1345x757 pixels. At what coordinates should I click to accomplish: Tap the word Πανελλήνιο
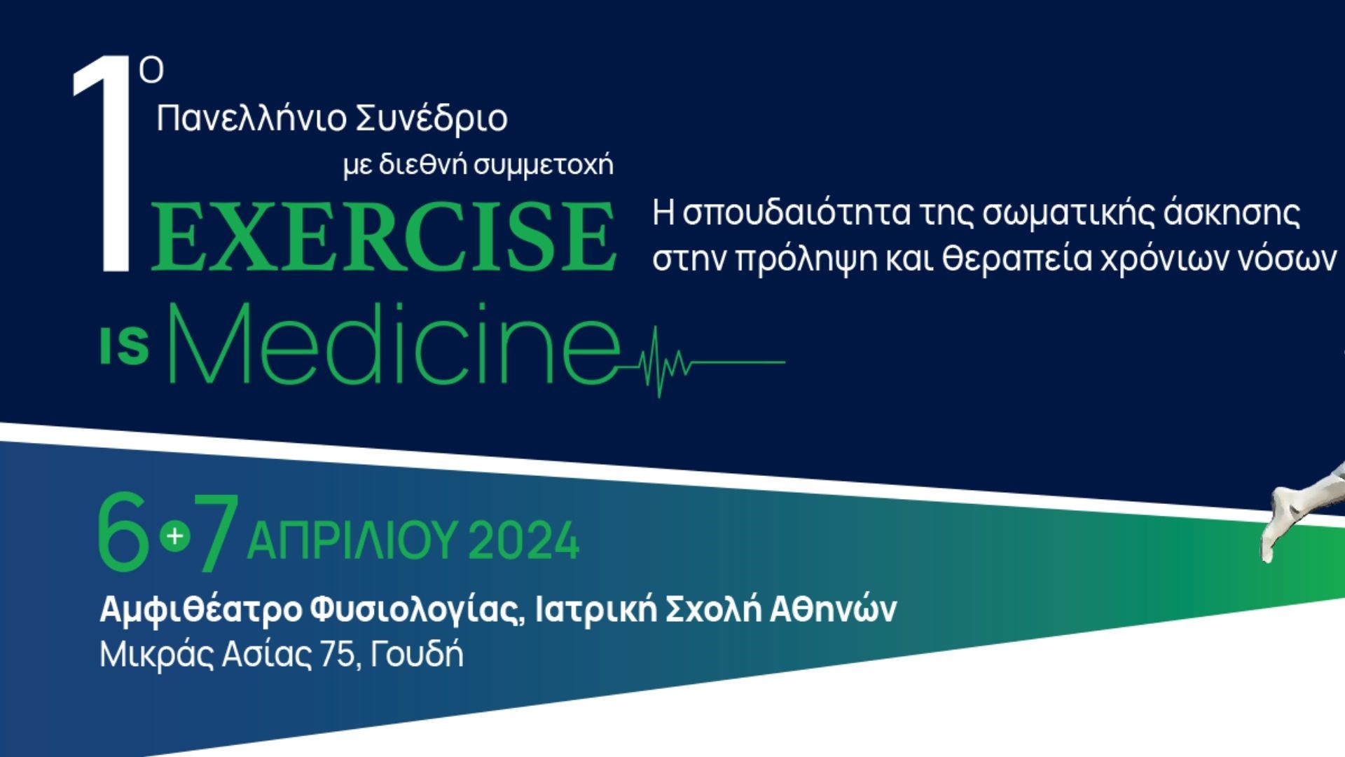coord(251,118)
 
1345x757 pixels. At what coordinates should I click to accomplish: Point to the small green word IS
coord(125,346)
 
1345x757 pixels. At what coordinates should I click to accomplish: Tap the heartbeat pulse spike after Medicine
coord(658,362)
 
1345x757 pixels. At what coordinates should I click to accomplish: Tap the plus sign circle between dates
coord(175,536)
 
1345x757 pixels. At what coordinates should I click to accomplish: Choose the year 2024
coord(524,540)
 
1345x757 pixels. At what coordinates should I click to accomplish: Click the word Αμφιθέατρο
coord(200,610)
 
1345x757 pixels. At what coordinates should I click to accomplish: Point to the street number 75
coord(337,655)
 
